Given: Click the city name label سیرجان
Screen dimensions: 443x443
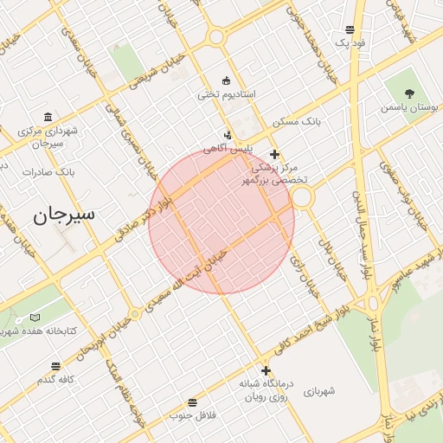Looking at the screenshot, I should tap(65, 215).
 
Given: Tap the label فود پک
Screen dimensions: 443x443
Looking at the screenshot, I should tap(350, 42).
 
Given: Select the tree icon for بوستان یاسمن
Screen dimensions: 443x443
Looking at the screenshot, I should tap(409, 93).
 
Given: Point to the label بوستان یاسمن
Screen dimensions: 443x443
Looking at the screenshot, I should tap(409, 108).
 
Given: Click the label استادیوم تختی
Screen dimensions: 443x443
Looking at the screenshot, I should tap(226, 94).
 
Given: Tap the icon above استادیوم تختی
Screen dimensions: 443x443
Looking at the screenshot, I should tap(227, 80).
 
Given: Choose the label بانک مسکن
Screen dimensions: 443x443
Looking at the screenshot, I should tap(297, 123).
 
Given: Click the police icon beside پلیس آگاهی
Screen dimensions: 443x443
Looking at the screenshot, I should tap(228, 135).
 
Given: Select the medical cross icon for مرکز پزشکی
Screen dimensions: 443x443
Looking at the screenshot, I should tap(275, 154).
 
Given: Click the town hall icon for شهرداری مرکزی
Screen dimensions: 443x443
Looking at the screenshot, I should tap(48, 117).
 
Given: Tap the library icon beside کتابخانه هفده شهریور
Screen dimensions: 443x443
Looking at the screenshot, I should tap(35, 318).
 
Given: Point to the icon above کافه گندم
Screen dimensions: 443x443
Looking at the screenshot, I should tap(56, 367).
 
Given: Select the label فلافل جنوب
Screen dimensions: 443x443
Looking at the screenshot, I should tap(191, 416).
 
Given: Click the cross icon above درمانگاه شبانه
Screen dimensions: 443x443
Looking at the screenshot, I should tap(266, 370).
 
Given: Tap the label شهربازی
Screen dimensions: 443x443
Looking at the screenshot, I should tap(318, 392).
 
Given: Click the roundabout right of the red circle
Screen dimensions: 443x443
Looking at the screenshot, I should tap(301, 198).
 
